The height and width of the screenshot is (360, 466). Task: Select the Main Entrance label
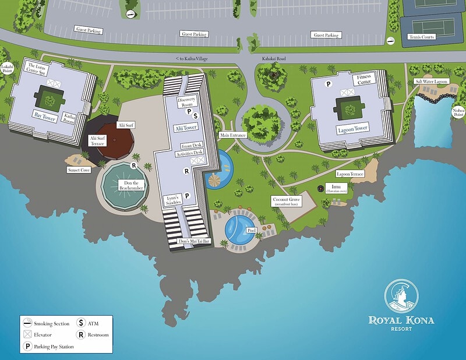coord(233,135)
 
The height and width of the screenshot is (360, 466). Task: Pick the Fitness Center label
coord(364,79)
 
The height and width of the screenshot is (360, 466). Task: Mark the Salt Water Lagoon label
coord(431,82)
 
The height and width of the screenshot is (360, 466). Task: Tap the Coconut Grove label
coord(287,202)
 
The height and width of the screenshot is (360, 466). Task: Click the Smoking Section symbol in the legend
coord(27,323)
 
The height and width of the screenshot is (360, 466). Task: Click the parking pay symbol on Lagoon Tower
coord(328,84)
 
